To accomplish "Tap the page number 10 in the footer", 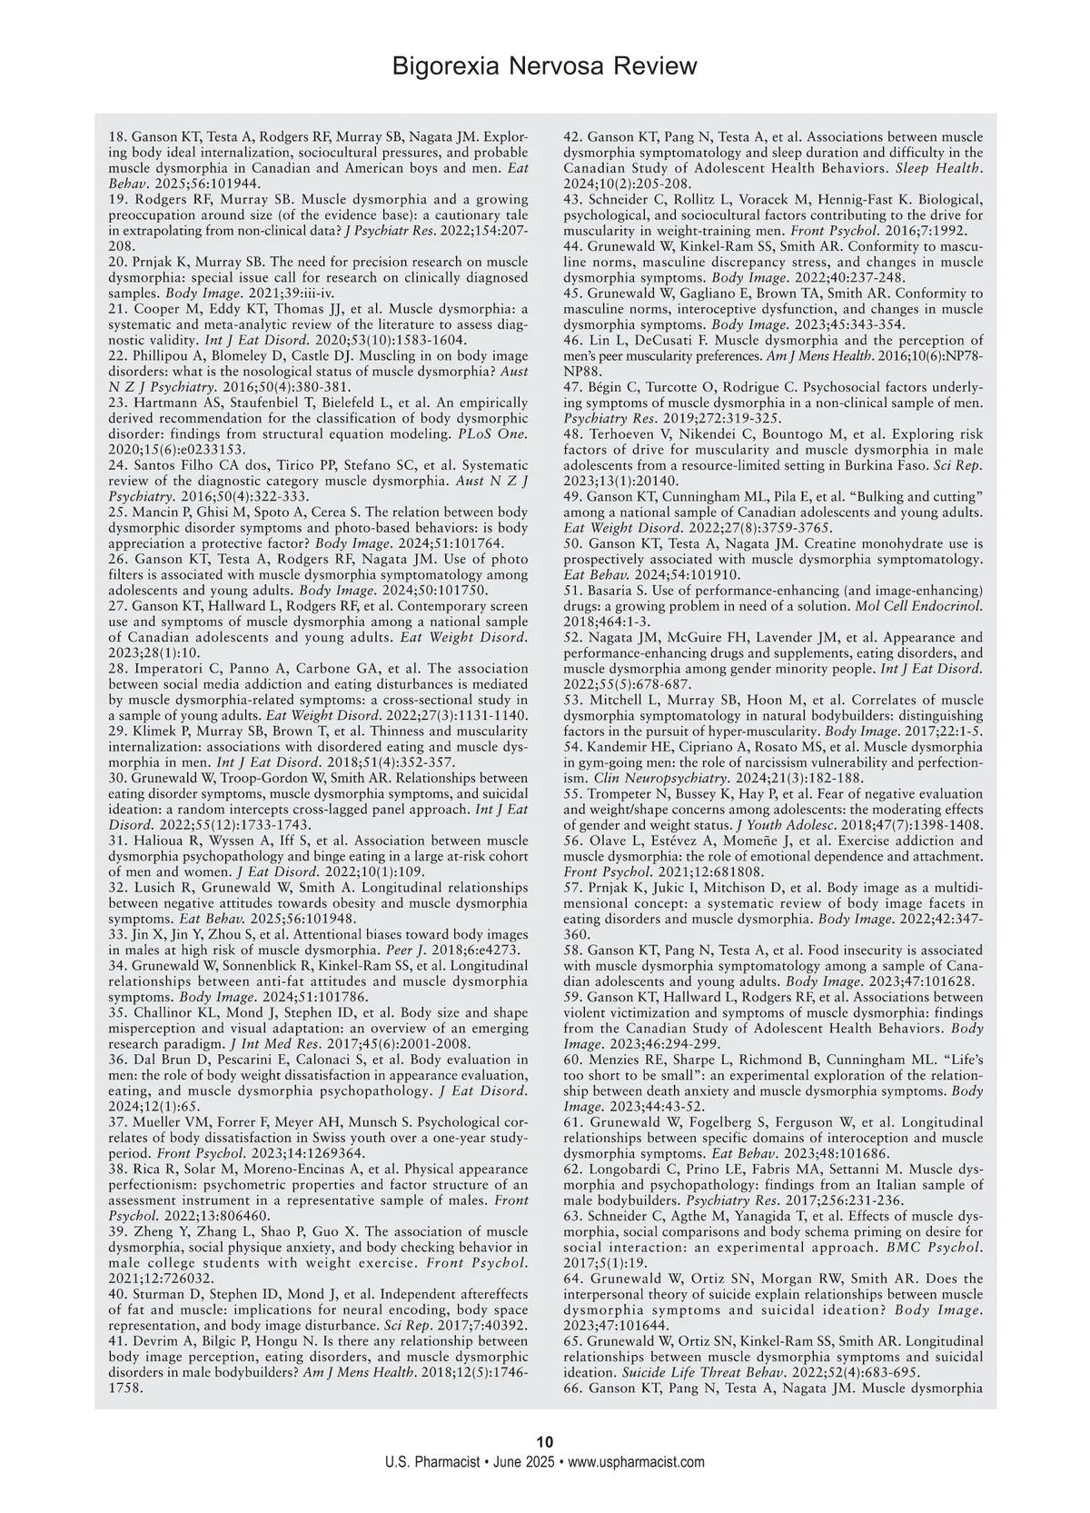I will point(545,1442).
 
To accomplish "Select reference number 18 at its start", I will point(117,136).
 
